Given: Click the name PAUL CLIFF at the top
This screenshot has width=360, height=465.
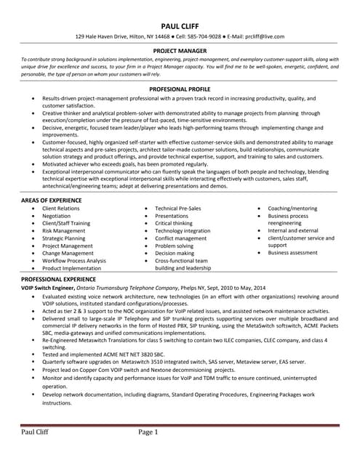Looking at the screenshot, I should coord(180,24).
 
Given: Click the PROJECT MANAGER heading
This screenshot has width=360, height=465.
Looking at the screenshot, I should coord(180,51).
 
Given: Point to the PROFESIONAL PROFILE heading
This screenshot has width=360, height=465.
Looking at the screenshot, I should coord(180,88).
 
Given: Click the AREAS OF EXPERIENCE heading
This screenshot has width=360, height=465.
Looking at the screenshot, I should coord(52,199).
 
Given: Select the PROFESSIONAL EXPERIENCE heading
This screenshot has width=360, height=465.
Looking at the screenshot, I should coord(58,279).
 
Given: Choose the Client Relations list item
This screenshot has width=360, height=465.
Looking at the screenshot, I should coord(61,209).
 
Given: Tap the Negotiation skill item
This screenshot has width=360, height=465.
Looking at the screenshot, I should coord(57,216).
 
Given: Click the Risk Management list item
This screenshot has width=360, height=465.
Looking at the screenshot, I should coord(63,231).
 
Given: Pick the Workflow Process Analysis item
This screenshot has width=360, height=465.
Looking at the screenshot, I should coord(73,260).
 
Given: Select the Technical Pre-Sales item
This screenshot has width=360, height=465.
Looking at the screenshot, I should coord(178,209).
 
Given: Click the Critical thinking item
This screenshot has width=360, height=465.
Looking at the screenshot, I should coord(175,223).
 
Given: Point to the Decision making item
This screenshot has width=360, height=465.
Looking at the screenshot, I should coord(175,253).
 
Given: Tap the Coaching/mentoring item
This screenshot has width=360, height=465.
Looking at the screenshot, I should coord(292,209).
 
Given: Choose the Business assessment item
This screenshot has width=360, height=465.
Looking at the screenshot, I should coord(293,253).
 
